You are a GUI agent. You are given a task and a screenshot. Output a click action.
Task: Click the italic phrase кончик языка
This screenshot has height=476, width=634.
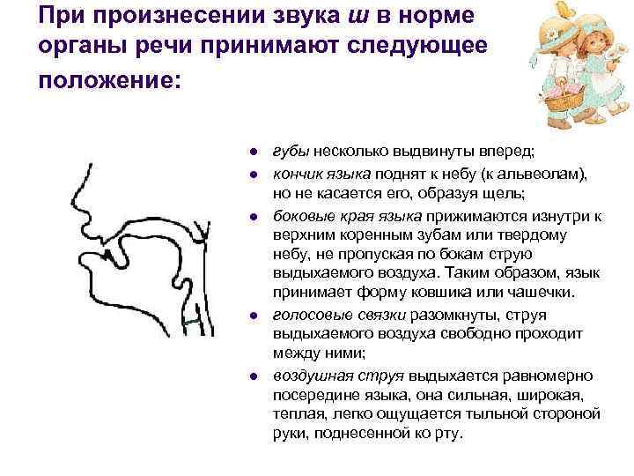click(x=320, y=174)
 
